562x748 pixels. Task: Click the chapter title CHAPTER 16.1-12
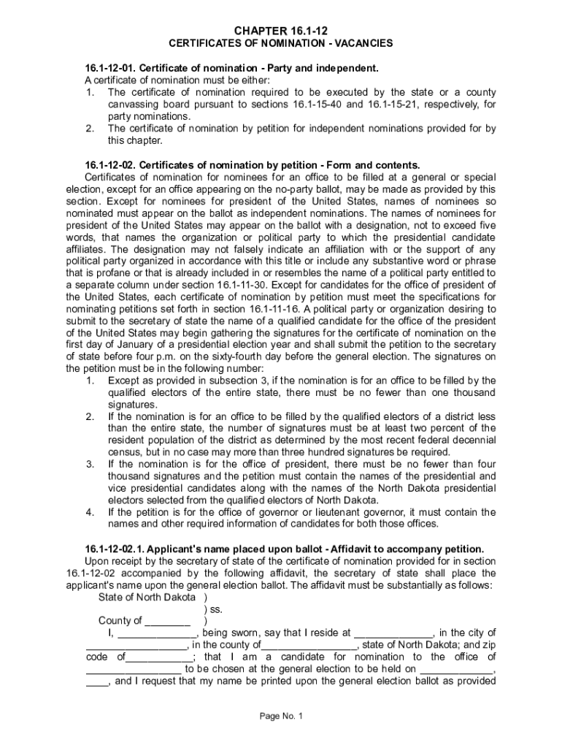(281, 30)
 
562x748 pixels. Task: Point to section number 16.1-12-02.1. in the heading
(112, 549)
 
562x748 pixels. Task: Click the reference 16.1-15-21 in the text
(393, 104)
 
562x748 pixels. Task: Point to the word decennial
(472, 440)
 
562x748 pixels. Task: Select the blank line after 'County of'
(167, 622)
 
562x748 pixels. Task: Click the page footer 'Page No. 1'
(281, 716)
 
